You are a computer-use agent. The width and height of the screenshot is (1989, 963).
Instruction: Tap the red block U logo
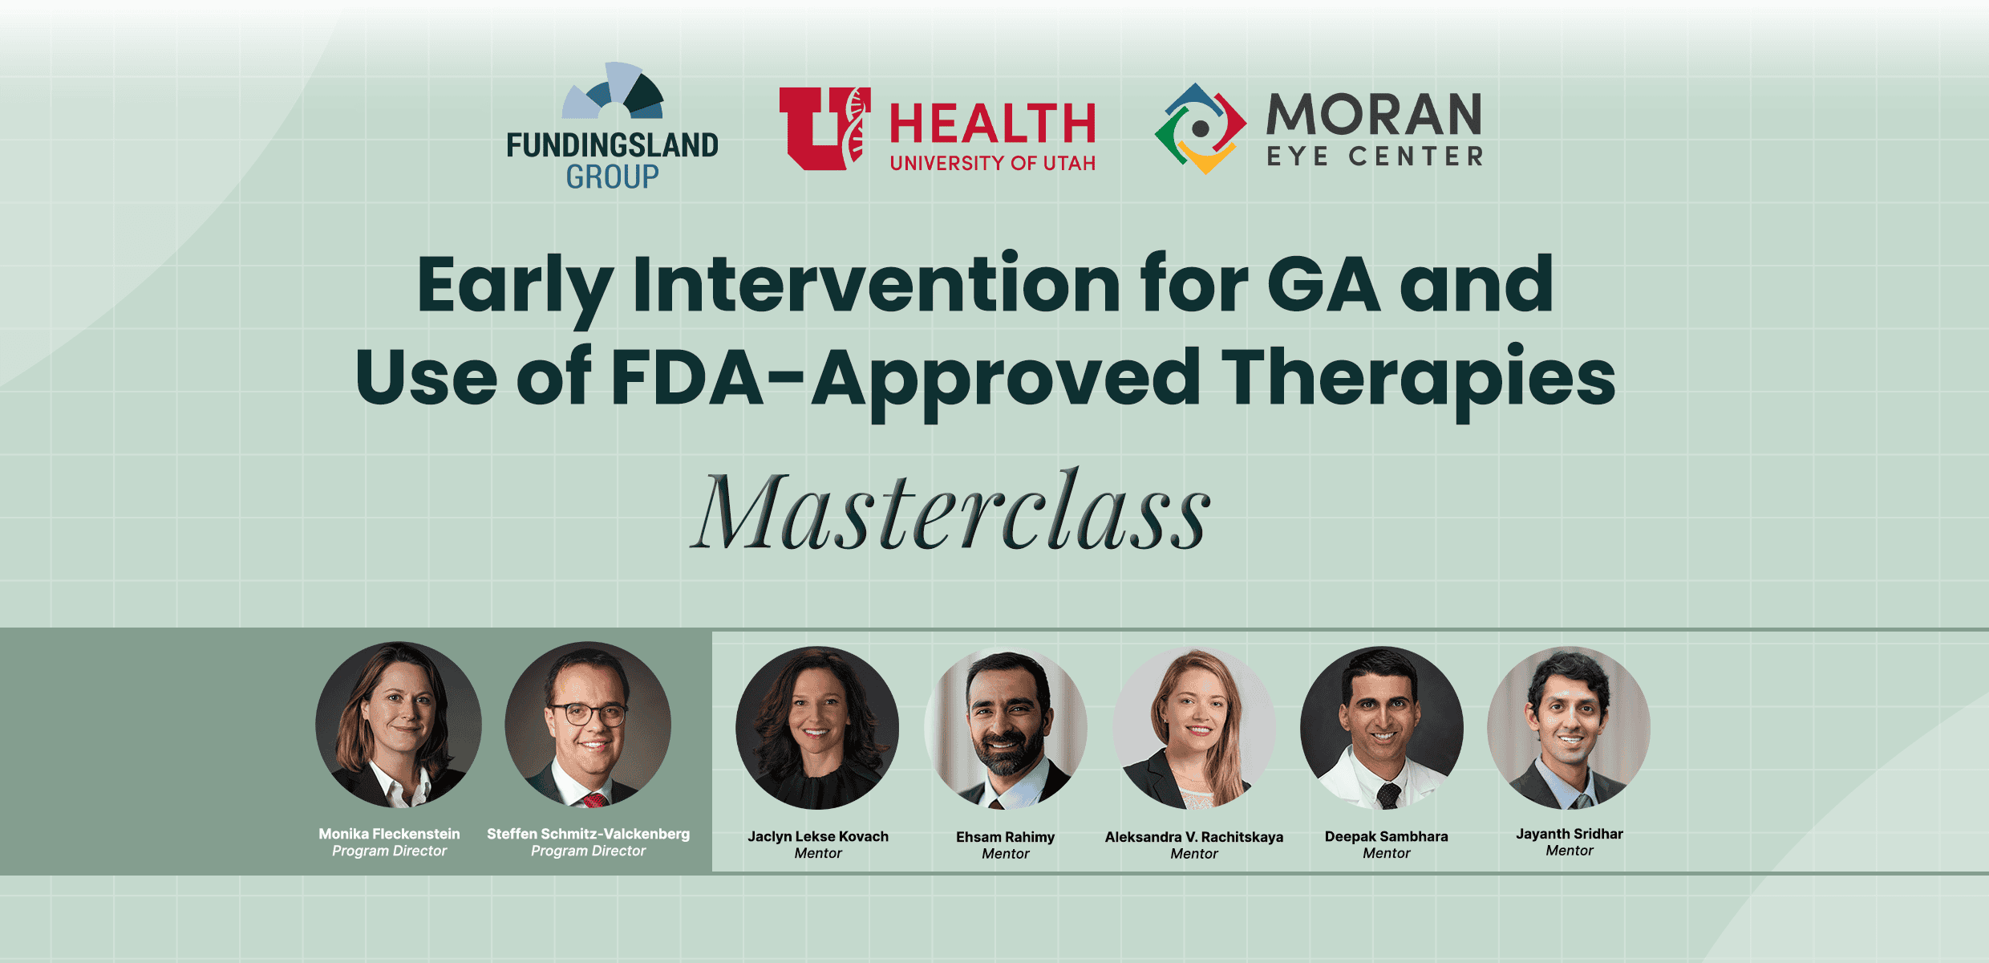coord(824,128)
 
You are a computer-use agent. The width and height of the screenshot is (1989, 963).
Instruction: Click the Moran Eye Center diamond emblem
coord(1200,128)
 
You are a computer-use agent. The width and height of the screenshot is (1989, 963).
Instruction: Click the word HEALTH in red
coord(992,124)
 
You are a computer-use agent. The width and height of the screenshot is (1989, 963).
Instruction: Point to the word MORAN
coord(1374,115)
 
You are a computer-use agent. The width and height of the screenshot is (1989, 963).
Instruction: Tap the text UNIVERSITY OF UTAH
coord(992,164)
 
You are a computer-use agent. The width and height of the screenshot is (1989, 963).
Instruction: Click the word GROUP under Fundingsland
coord(612,177)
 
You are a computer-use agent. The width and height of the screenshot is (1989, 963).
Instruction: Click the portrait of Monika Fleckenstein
coord(399,724)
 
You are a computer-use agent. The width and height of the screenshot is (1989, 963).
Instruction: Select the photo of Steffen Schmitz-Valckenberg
coord(588,724)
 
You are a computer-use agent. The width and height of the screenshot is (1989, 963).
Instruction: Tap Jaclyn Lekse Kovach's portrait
coord(817,728)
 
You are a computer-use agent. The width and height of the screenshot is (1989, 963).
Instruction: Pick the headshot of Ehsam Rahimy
coord(1006,728)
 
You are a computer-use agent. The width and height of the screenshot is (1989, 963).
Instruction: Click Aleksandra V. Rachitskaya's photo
coord(1194,728)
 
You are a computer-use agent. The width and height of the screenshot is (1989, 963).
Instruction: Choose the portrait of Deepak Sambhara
coord(1382,728)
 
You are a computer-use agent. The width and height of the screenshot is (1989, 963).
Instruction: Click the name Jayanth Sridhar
coord(1569,834)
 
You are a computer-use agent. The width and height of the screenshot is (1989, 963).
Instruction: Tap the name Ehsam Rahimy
coord(1005,837)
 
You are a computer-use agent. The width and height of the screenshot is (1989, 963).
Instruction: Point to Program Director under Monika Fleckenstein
coord(389,851)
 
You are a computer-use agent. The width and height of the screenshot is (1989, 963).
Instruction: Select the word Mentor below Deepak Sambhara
coord(1386,854)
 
